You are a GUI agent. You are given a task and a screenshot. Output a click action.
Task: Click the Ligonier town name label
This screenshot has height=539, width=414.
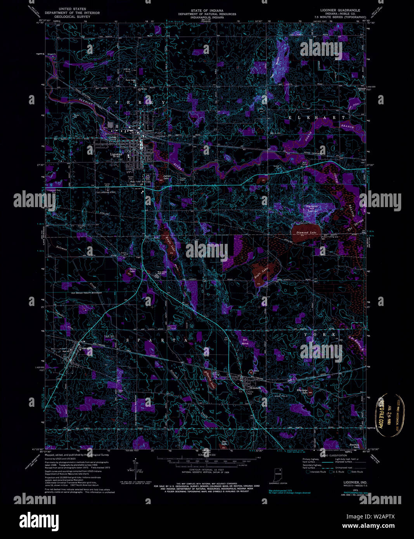(x=116, y=154)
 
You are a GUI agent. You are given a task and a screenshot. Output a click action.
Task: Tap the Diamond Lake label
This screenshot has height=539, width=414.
(x=307, y=233)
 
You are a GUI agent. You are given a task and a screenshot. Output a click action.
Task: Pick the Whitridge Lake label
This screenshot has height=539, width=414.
(x=302, y=391)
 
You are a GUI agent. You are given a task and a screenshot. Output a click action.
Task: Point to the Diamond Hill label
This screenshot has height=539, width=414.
(x=312, y=207)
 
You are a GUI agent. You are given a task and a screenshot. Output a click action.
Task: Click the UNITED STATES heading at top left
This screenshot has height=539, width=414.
(x=73, y=9)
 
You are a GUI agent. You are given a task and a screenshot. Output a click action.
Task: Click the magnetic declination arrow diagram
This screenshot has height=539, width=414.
(x=135, y=465)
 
